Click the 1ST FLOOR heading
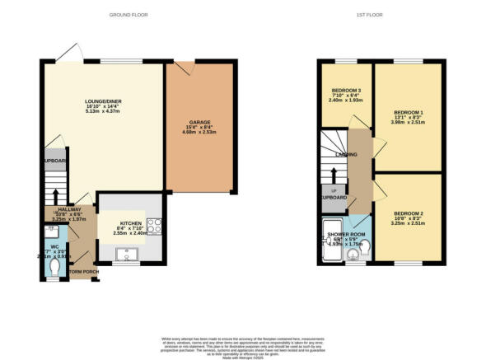(380, 15)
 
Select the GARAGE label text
(194, 123)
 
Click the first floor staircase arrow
(334, 175)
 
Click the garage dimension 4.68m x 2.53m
(194, 135)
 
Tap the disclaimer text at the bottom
(242, 344)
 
